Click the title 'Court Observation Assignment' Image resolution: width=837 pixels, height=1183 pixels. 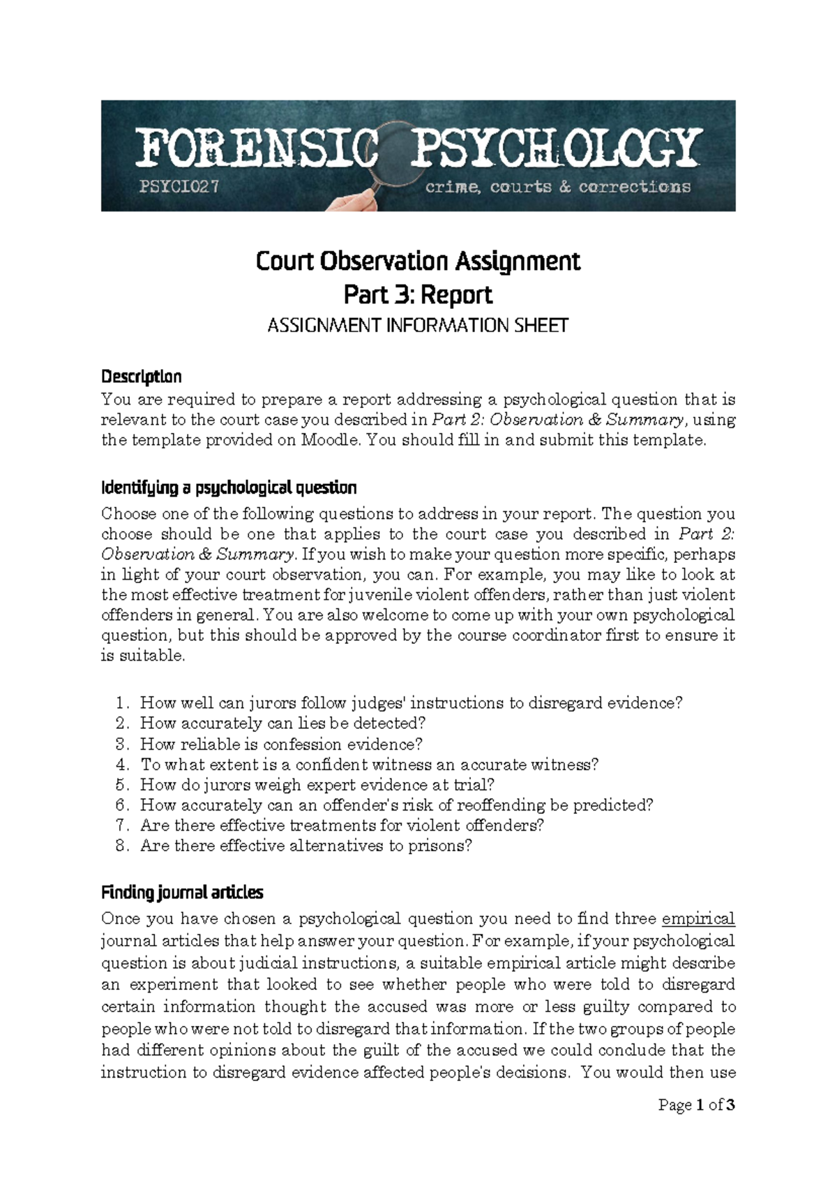pos(418,262)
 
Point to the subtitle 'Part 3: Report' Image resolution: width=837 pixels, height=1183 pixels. pos(418,294)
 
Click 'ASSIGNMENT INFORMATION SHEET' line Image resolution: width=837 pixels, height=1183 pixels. pos(418,326)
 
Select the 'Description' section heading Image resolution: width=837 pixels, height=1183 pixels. pos(141,377)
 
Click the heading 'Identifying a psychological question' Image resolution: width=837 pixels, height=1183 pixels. pos(229,487)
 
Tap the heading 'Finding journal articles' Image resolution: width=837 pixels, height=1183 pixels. pos(182,892)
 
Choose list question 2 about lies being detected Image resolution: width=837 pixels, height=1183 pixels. pos(282,723)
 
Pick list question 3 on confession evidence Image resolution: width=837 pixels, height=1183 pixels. pos(281,744)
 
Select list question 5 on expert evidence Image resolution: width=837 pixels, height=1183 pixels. pos(317,785)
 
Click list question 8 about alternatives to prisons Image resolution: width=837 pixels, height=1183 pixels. pos(306,846)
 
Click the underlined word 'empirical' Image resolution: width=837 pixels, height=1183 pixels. pos(697,919)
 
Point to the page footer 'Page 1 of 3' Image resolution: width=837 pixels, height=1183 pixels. pos(696,1105)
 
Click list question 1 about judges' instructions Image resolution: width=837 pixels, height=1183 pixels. pos(411,703)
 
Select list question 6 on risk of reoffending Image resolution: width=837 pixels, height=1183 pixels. pos(396,805)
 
